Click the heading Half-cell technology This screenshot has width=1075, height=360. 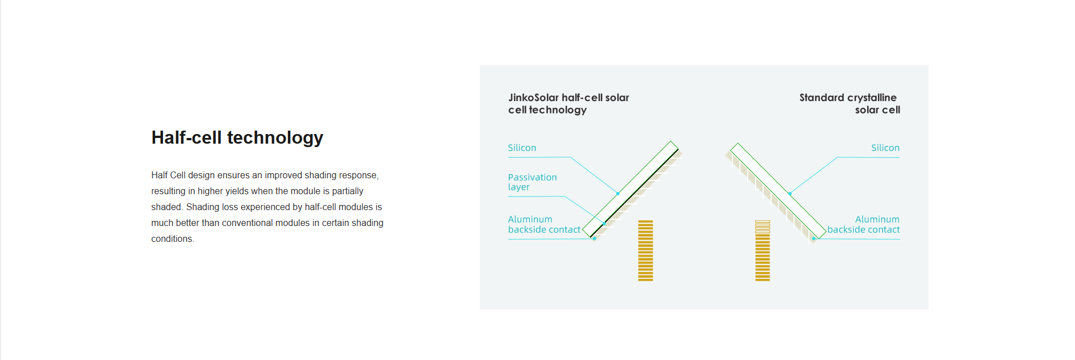pyautogui.click(x=237, y=137)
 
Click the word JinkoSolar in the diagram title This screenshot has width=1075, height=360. pyautogui.click(x=534, y=98)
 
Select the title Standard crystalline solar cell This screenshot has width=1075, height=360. pyautogui.click(x=850, y=103)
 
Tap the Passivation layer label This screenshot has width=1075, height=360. pyautogui.click(x=532, y=182)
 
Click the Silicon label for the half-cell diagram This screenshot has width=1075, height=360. pyautogui.click(x=522, y=148)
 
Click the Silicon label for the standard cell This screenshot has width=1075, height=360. pyautogui.click(x=885, y=148)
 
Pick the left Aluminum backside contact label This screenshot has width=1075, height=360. pyautogui.click(x=544, y=224)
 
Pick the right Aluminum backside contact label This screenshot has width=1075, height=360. pyautogui.click(x=863, y=224)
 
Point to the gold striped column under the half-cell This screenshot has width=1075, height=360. pyautogui.click(x=646, y=250)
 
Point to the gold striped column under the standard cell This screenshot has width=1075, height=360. pyautogui.click(x=763, y=250)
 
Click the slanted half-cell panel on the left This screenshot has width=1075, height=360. pyautogui.click(x=632, y=190)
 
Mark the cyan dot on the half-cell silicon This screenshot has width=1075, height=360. pyautogui.click(x=618, y=194)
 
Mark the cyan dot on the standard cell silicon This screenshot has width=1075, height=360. pyautogui.click(x=790, y=194)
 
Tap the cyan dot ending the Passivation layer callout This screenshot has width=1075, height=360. pyautogui.click(x=604, y=224)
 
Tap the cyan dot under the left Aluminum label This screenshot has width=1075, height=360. pyautogui.click(x=595, y=238)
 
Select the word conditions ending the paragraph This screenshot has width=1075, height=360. pyautogui.click(x=172, y=239)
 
